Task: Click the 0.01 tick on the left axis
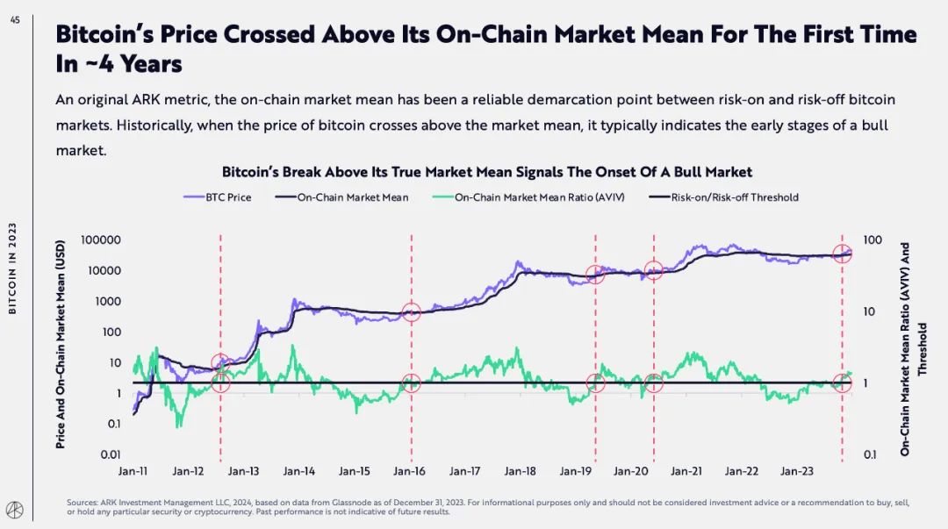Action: tap(109, 454)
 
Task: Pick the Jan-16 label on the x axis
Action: tap(409, 471)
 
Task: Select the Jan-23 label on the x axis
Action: tap(797, 471)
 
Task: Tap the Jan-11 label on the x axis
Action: tap(133, 471)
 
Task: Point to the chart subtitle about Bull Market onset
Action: tap(486, 172)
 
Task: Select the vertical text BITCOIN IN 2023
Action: tap(15, 267)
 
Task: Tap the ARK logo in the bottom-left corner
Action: tap(16, 508)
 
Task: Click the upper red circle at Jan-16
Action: tap(412, 312)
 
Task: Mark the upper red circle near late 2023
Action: tap(843, 254)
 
